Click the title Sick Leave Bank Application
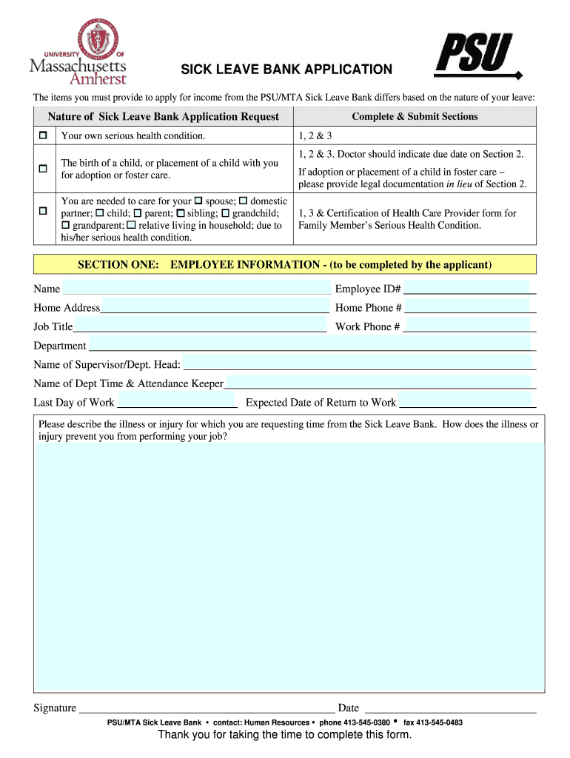287,70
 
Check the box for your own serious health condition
43,135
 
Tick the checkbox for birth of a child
43,169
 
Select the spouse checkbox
198,201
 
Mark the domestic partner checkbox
244,201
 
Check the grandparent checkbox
66,225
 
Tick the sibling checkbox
180,213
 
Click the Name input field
196,288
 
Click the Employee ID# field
469,288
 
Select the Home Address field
215,307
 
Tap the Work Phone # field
470,326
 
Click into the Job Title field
200,326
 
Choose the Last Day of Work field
177,402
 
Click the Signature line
207,708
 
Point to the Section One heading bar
285,264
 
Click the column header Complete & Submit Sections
415,116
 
